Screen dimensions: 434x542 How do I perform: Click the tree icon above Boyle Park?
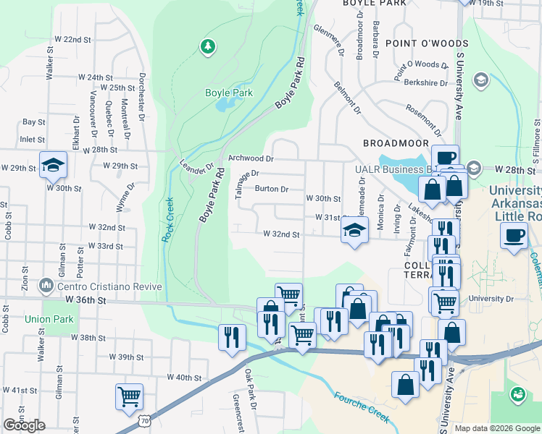click(208, 47)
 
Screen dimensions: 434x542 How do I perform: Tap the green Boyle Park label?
click(228, 93)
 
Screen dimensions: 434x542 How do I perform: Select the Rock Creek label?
click(167, 221)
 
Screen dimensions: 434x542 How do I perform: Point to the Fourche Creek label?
click(362, 406)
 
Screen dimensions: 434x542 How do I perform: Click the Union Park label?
click(43, 319)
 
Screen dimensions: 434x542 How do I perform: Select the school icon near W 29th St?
click(53, 166)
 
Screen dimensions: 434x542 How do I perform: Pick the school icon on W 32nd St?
click(353, 231)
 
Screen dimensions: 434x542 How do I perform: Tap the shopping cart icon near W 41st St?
click(129, 396)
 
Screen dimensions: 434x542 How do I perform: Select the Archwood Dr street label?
click(250, 158)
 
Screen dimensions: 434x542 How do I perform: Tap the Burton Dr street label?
click(272, 190)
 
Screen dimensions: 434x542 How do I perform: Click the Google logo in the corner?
click(24, 425)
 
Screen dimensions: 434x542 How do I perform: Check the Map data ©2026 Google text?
click(496, 428)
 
